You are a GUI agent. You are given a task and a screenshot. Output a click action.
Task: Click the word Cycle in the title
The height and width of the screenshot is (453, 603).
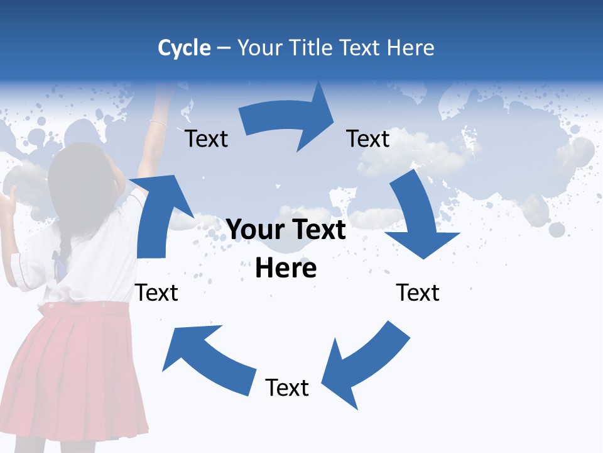(x=184, y=48)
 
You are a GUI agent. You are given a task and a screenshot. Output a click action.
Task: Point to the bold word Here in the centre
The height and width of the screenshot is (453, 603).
(x=286, y=269)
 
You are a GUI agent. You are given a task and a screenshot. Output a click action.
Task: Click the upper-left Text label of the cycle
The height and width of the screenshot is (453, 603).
(x=206, y=139)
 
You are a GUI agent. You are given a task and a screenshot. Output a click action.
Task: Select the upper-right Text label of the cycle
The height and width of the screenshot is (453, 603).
(x=368, y=139)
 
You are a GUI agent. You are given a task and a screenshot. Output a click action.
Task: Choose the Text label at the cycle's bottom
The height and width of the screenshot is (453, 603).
(x=287, y=388)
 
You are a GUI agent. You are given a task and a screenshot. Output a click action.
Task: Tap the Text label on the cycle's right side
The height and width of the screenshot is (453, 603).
(x=418, y=293)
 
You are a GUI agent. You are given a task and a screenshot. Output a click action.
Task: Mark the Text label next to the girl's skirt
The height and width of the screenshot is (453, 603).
(x=157, y=293)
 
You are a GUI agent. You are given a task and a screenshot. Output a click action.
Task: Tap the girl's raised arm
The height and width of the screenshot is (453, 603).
(x=155, y=132)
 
